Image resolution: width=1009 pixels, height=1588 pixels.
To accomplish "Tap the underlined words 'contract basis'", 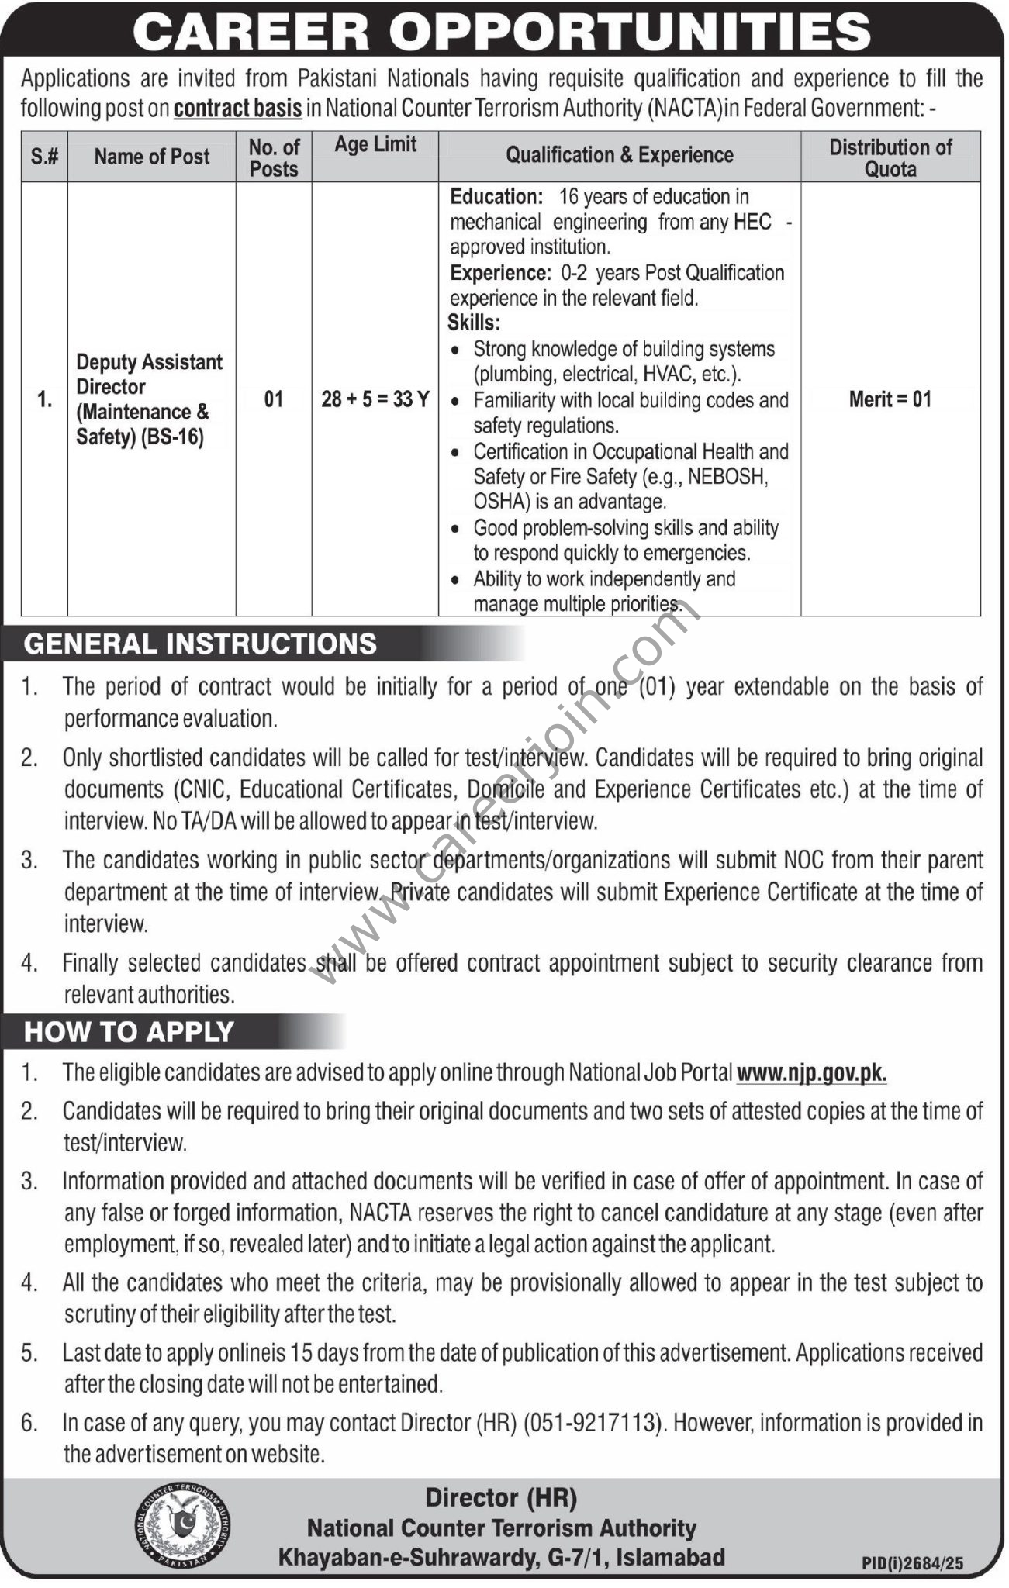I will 237,108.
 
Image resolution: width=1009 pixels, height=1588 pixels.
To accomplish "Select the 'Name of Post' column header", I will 152,157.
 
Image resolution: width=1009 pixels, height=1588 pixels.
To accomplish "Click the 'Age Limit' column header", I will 375,144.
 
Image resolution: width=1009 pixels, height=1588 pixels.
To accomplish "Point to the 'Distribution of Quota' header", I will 890,157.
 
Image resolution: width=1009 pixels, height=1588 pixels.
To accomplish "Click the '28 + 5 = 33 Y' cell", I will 375,400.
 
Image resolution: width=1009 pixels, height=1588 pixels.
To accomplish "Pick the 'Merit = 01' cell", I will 890,399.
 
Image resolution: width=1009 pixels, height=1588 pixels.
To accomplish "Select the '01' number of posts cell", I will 274,400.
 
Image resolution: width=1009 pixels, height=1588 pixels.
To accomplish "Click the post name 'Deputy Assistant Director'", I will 149,375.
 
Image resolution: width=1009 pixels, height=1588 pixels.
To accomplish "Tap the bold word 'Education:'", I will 496,197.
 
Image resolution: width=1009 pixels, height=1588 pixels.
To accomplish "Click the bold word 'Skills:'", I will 474,323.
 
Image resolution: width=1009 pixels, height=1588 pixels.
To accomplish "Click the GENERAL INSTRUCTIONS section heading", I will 201,644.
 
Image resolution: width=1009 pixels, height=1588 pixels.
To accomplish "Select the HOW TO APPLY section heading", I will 130,1032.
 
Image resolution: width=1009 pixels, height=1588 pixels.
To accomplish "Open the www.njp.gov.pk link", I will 811,1072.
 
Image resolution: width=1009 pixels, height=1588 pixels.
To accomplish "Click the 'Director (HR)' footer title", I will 501,1499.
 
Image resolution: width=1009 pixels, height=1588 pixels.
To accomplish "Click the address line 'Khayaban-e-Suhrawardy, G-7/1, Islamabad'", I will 501,1558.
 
